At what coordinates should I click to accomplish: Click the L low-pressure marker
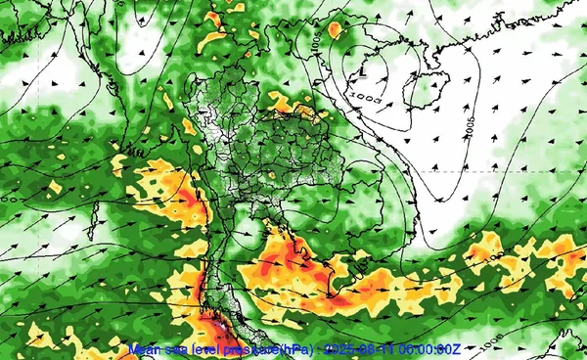(362, 71)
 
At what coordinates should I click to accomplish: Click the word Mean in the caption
(145, 350)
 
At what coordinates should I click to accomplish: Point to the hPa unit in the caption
(276, 350)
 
